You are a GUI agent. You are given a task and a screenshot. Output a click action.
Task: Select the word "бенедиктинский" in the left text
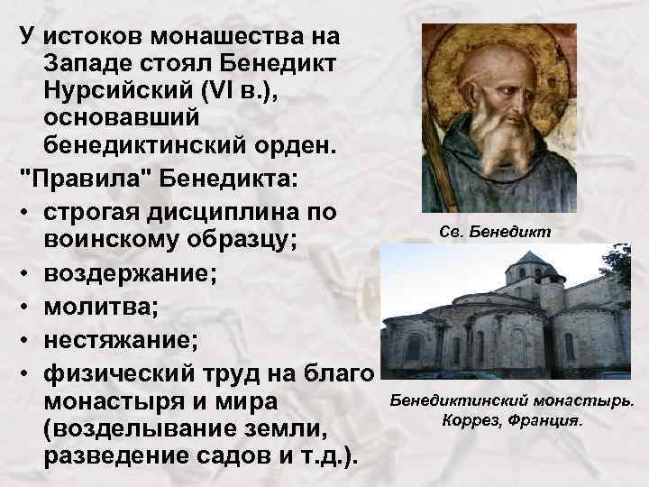point(145,147)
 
